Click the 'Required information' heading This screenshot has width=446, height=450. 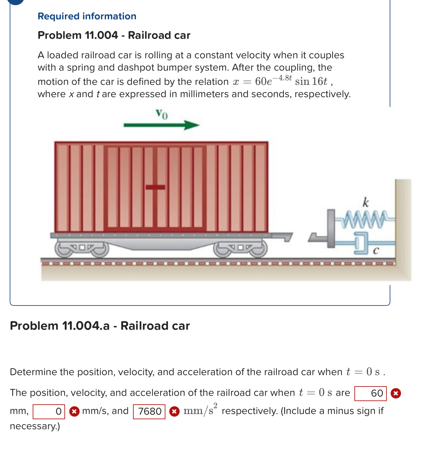[87, 16]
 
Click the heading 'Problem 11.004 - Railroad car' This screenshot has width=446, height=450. [114, 35]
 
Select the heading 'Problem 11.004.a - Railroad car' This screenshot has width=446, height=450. [100, 326]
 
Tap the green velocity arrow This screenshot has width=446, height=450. [161, 125]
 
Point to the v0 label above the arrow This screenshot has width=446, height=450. [162, 114]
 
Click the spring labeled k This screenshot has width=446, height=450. [366, 219]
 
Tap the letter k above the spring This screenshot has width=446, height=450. [365, 202]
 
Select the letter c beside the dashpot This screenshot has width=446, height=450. [375, 250]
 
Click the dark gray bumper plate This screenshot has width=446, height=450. [331, 228]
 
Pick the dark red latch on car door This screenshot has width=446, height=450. [155, 187]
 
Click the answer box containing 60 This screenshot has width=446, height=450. [370, 393]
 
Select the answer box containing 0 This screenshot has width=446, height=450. [49, 411]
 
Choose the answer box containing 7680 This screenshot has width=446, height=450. [149, 411]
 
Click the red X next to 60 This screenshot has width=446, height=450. [396, 393]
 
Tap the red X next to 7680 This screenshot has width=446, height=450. [174, 411]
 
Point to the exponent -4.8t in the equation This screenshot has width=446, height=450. [282, 78]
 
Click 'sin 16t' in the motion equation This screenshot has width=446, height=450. [311, 81]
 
